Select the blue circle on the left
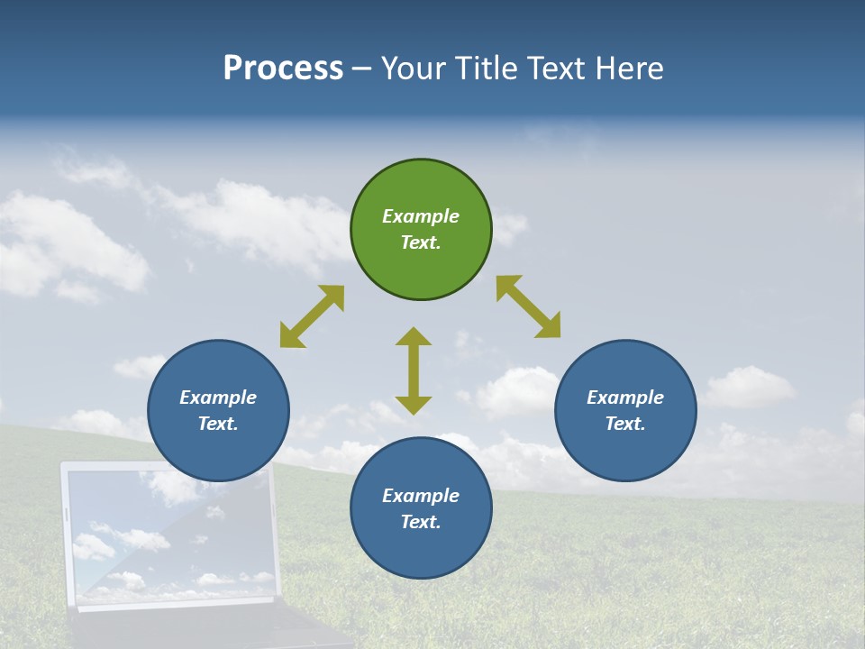tap(218, 410)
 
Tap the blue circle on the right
tap(625, 410)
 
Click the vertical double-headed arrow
tap(414, 370)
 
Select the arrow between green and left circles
tap(312, 316)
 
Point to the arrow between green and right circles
tap(529, 306)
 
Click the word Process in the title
tap(283, 69)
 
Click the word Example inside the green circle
tap(421, 216)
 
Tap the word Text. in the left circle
tap(218, 424)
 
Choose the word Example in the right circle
tap(625, 398)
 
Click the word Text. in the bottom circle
tap(421, 522)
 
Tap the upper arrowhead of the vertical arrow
tap(414, 337)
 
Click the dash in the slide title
tap(362, 69)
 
